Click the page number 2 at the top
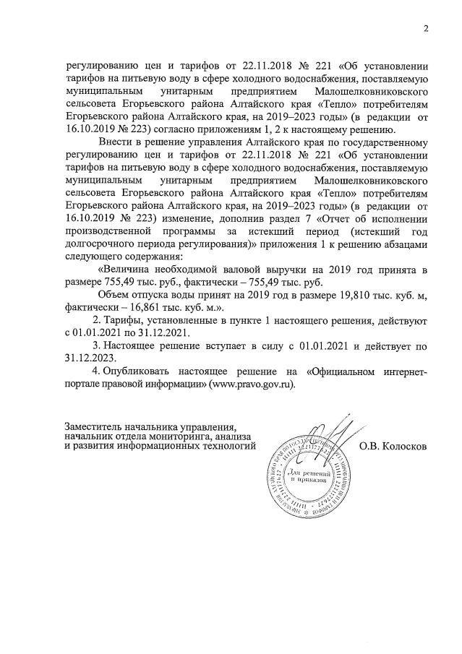[x=426, y=29]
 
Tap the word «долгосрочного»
[x=99, y=245]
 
